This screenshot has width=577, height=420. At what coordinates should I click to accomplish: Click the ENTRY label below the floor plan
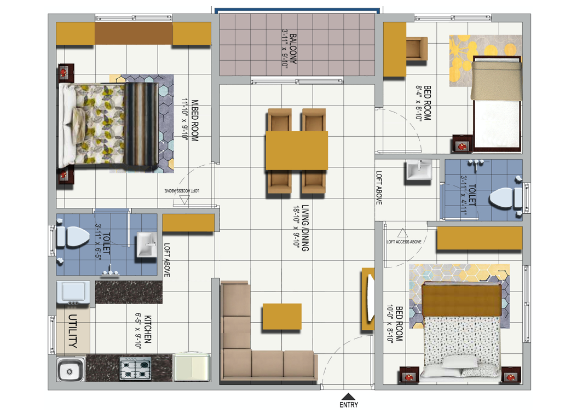tap(349, 405)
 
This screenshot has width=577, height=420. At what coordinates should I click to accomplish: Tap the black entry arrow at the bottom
tap(349, 396)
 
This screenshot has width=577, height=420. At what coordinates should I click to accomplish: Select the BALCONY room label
tap(293, 49)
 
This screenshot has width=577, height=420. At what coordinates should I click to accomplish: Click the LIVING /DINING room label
tap(305, 228)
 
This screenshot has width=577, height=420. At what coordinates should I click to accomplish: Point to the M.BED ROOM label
tap(195, 120)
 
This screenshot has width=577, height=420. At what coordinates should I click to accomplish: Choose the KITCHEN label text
tap(147, 329)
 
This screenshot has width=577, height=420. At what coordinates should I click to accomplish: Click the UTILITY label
tap(73, 331)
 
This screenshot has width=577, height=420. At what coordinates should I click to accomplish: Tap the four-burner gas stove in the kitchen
tap(135, 369)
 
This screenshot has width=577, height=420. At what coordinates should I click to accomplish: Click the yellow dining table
tap(297, 150)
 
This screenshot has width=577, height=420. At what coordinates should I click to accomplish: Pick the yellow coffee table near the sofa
tap(282, 317)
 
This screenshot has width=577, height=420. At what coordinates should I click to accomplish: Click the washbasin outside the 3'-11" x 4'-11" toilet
tap(418, 171)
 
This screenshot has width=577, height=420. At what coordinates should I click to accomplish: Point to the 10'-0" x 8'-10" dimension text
tap(390, 323)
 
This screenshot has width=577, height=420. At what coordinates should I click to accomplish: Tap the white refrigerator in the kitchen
tap(192, 367)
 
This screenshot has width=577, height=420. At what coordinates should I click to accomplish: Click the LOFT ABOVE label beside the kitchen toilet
tap(167, 260)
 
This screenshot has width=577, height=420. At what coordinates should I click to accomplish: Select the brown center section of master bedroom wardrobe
tap(134, 33)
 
